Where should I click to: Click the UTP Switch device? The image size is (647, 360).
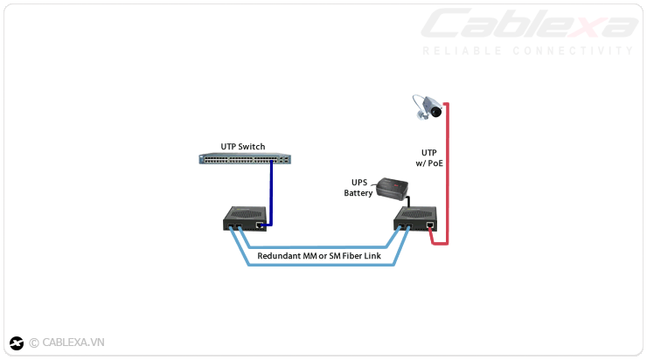click(245, 159)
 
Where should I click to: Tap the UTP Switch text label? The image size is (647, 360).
click(242, 146)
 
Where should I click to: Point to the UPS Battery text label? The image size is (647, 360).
click(358, 188)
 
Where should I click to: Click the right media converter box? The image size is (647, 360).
click(416, 218)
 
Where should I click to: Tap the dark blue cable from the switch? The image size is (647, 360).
click(271, 192)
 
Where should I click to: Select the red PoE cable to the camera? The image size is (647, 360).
click(448, 175)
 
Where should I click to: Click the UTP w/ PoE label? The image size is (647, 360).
click(428, 157)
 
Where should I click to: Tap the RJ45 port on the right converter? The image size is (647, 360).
click(431, 225)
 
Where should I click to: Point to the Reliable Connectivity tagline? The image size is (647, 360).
click(528, 51)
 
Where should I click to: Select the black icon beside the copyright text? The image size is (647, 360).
click(17, 343)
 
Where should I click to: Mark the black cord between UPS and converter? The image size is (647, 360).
click(407, 200)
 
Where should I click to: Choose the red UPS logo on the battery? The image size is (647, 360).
click(399, 185)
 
